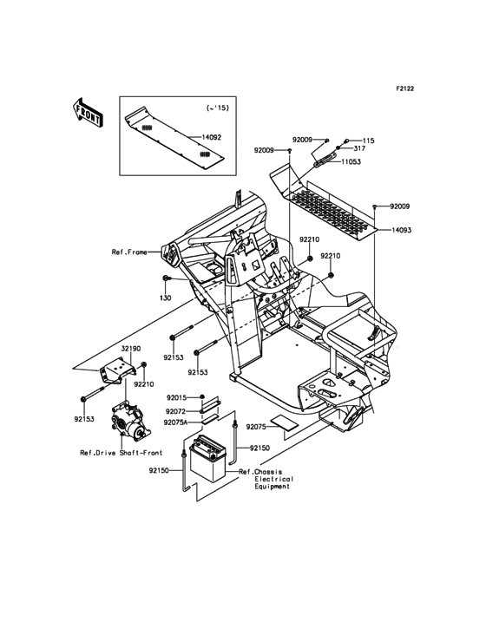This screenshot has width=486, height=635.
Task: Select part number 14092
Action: pos(212,137)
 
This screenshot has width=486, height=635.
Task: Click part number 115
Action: pos(368,141)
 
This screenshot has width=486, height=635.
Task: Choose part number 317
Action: pos(360,149)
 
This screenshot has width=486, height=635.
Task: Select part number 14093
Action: pos(402,230)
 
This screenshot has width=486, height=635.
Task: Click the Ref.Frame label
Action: pos(129,252)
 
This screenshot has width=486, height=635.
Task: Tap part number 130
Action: pos(165,298)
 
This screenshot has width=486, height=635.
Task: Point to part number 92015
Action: pos(176,396)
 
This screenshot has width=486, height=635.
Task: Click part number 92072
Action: pos(176,410)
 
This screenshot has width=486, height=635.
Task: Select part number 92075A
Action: pos(177,423)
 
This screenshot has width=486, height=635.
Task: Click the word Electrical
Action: pos(274,479)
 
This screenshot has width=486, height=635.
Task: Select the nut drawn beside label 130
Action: pos(165,279)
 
